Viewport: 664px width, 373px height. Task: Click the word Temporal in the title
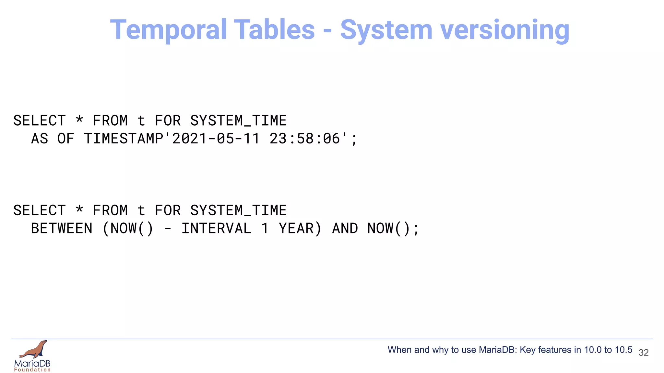(168, 30)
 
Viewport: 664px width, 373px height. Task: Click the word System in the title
(386, 30)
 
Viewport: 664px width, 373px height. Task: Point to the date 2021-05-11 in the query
(216, 139)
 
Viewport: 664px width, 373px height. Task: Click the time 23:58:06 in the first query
(305, 139)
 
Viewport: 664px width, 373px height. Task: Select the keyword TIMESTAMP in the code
(124, 139)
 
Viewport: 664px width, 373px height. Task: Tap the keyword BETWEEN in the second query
(62, 229)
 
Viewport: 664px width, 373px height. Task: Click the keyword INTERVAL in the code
(216, 229)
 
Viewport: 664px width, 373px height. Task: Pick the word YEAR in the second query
(296, 229)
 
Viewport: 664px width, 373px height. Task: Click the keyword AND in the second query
(345, 229)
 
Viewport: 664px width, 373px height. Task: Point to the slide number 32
(644, 353)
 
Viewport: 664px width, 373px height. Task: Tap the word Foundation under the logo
(32, 370)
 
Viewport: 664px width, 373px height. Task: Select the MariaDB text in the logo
(32, 363)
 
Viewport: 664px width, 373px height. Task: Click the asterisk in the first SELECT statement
(79, 120)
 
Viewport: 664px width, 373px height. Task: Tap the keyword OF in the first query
(66, 139)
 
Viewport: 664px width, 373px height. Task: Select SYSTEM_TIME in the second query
(238, 211)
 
